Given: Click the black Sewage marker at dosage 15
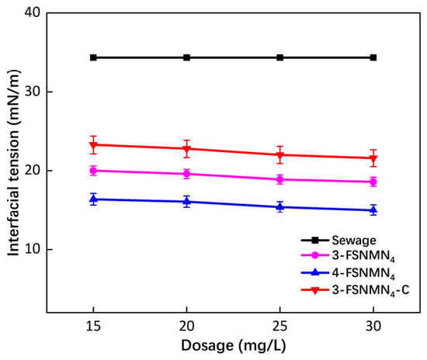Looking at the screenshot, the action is click(93, 57).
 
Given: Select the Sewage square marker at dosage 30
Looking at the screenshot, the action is click(373, 57).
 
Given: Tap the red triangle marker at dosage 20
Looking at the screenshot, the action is click(186, 149).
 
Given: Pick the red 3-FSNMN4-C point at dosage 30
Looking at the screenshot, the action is click(373, 158).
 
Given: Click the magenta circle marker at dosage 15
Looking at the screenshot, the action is click(93, 171).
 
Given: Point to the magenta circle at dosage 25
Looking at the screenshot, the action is click(280, 179).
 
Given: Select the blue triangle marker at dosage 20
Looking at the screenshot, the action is click(186, 201).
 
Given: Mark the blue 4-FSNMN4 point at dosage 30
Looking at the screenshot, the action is click(373, 209).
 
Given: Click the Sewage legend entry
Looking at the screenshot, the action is click(354, 241).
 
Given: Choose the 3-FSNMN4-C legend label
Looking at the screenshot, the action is click(370, 290).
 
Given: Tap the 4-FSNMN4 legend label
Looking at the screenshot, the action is click(363, 273).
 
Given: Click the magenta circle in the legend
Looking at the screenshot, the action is click(314, 255).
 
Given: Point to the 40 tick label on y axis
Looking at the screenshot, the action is click(33, 12).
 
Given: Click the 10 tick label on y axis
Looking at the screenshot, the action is click(33, 249).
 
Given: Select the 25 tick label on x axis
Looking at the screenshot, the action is click(280, 326).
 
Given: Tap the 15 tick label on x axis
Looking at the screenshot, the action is click(93, 326).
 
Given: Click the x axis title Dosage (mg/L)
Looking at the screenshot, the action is click(234, 346).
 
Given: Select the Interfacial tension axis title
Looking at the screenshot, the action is click(13, 163).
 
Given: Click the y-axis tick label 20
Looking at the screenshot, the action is click(33, 171).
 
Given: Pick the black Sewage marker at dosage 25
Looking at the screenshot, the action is click(280, 57).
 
